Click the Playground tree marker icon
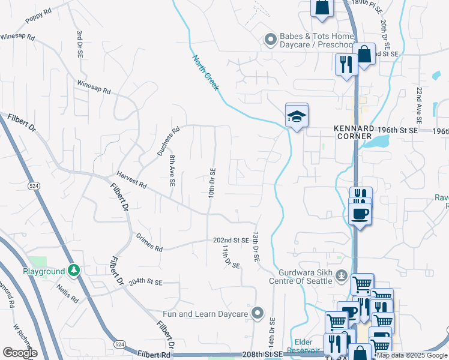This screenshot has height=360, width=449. (74, 271)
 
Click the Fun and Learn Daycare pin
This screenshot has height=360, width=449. (258, 313)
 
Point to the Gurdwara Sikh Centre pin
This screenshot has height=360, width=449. (342, 277)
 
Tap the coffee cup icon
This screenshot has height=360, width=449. (360, 214)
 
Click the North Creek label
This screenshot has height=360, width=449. (206, 73)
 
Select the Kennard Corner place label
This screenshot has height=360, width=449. (354, 132)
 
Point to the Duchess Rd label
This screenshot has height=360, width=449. (169, 141)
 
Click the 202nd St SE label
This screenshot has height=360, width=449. (231, 240)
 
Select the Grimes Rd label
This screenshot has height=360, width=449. (149, 243)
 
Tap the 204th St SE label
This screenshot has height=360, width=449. (146, 281)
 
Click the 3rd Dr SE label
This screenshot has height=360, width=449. (79, 44)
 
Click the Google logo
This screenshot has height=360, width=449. (20, 353)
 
